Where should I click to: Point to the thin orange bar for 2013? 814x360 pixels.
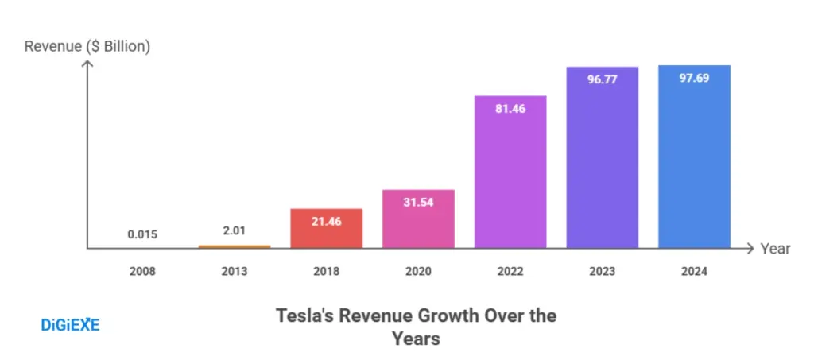235,246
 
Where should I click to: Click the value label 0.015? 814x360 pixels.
142,234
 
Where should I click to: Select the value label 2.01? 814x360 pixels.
235,230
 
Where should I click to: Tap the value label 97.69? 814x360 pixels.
694,79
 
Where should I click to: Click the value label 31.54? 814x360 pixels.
418,203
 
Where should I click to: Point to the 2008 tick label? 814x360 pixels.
142,271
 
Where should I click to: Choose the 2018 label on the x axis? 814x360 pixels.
326,271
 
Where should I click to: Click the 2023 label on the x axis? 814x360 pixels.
602,271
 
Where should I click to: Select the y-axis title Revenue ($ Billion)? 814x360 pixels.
87,46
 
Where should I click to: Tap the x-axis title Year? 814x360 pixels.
775,249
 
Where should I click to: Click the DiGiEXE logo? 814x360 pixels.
70,324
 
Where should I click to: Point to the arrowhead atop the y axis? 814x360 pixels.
87,63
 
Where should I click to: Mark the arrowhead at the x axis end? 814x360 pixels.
748,249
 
